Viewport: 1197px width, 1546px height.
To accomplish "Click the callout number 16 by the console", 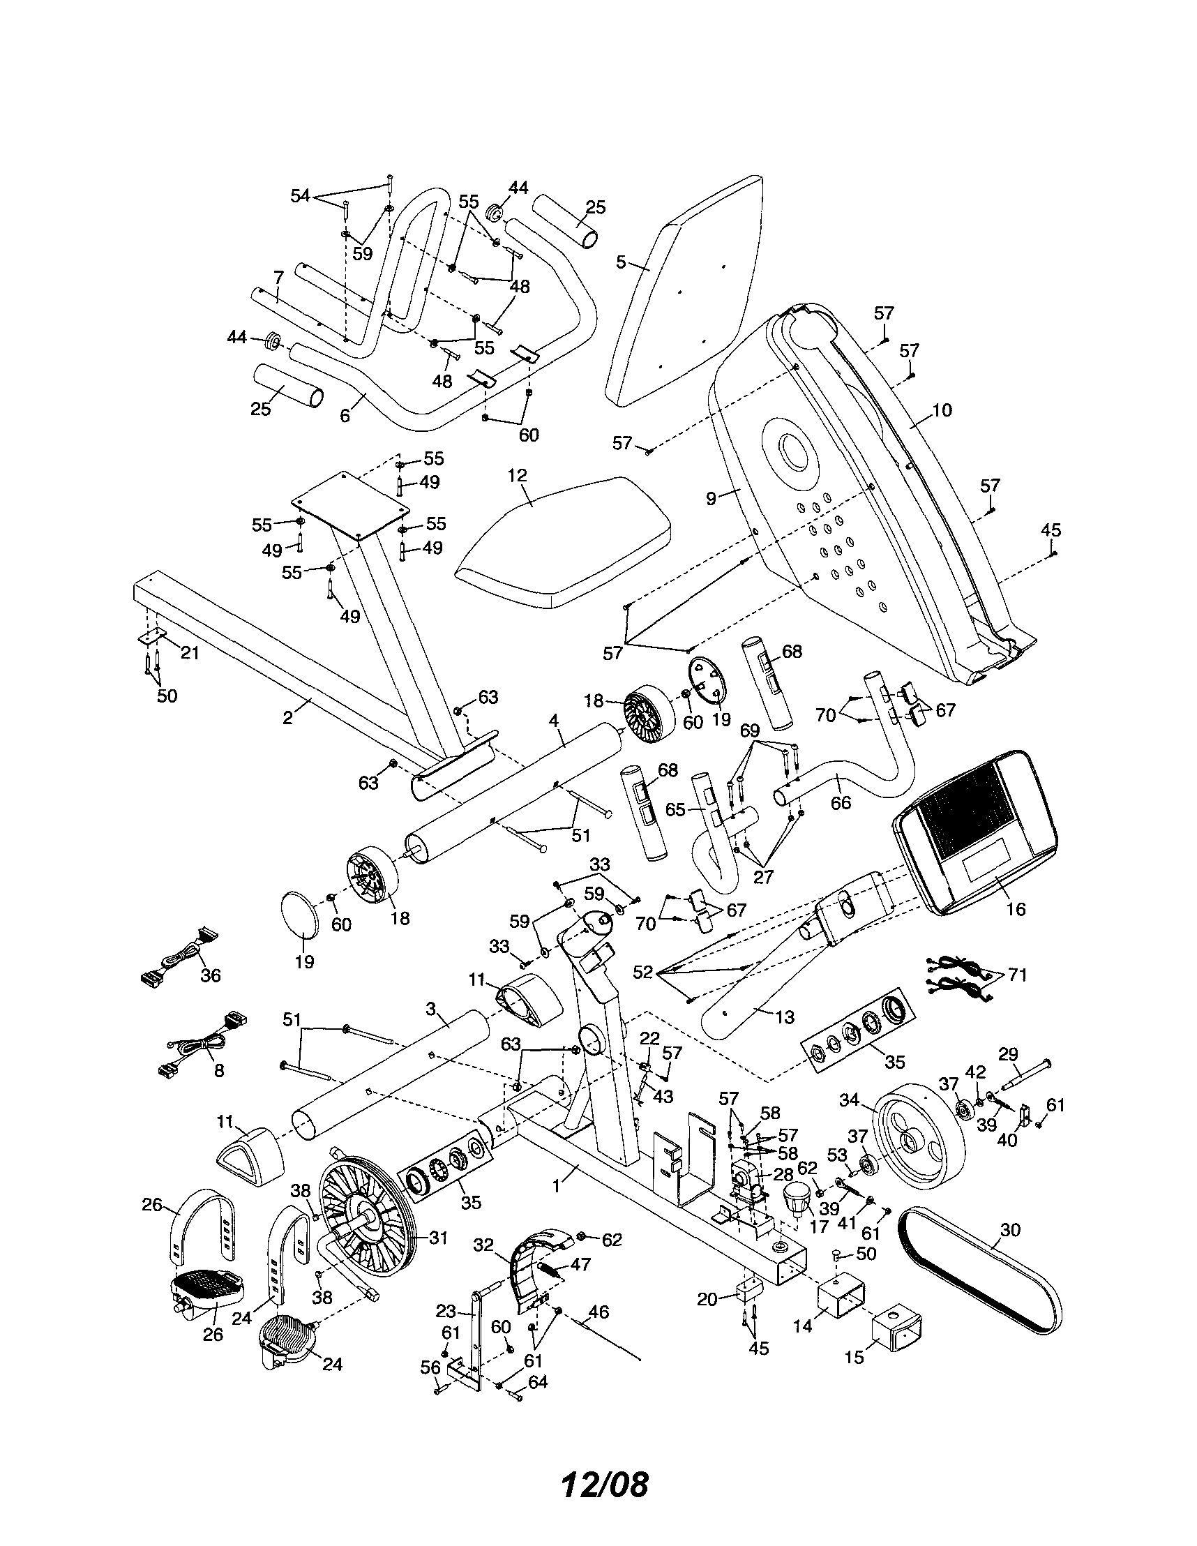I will tap(1015, 909).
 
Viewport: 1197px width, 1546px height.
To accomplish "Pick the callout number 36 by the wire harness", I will tap(210, 975).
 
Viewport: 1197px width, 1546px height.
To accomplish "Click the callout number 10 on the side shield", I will tap(942, 410).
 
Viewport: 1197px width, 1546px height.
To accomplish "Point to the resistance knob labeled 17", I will tap(798, 1197).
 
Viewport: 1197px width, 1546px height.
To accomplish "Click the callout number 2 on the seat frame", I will tap(287, 718).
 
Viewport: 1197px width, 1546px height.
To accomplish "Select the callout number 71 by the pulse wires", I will tap(1016, 975).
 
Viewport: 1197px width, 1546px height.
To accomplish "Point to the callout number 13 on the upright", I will tap(784, 1017).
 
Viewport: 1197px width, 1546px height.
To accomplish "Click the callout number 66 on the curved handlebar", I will tap(841, 802).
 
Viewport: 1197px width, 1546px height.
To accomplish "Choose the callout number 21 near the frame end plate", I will tap(189, 653).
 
